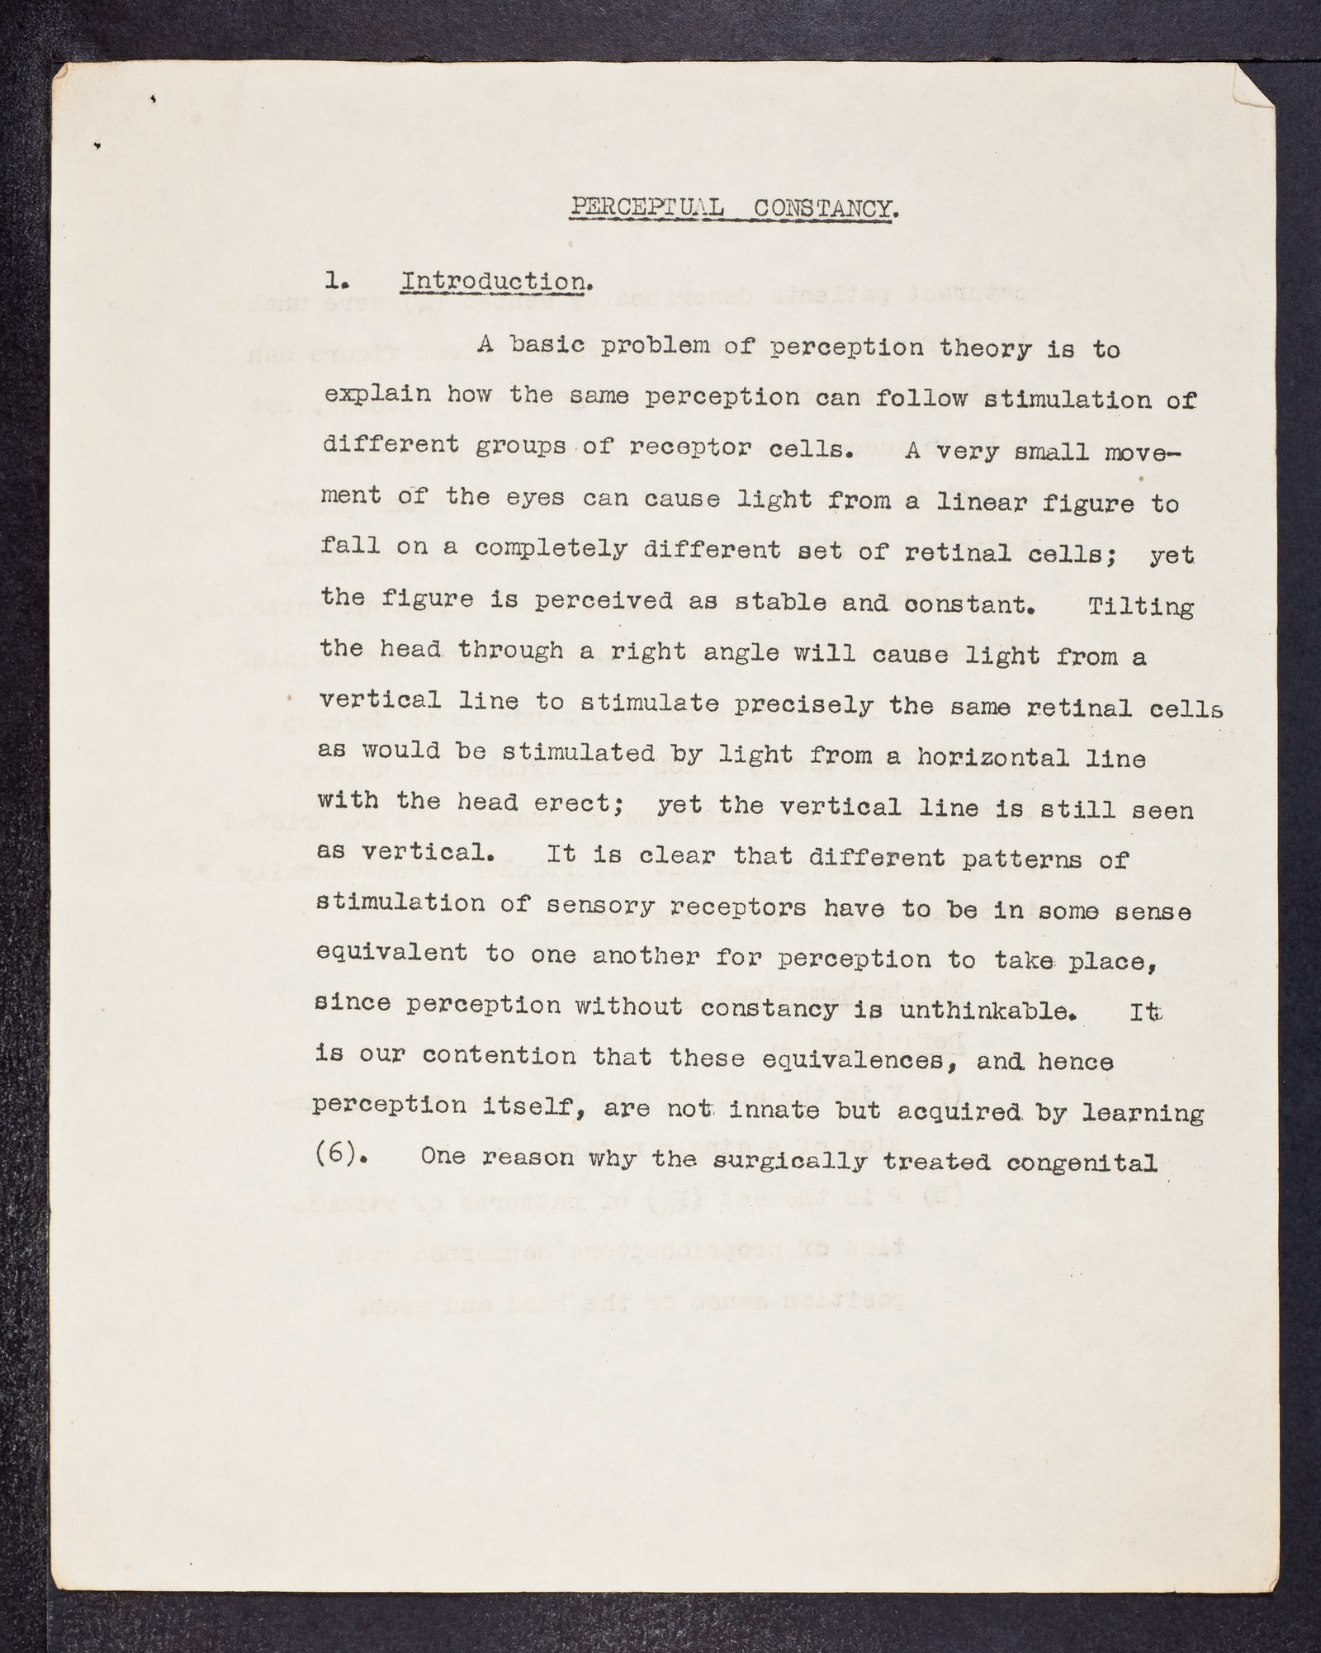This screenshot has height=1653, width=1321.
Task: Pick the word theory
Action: click(x=986, y=348)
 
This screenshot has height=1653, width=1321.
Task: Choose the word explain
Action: click(x=376, y=394)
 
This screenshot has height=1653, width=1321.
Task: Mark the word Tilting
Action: click(x=1140, y=606)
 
